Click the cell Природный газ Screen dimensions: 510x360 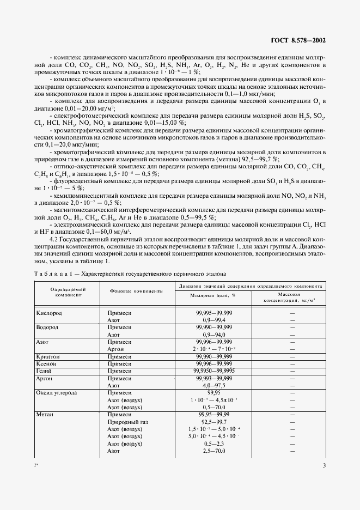[x=128, y=422]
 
